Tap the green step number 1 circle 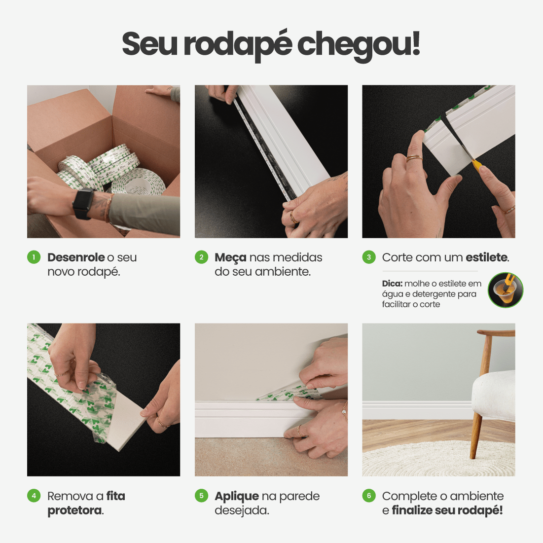[x=34, y=257]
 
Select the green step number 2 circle [x=202, y=257]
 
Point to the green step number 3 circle [x=369, y=257]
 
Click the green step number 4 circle [x=34, y=496]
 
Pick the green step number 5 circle [x=202, y=496]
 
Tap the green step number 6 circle [x=369, y=496]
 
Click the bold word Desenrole [x=76, y=257]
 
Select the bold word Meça [x=230, y=258]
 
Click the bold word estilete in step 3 [x=487, y=257]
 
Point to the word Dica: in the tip [x=393, y=283]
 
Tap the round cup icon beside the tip [x=506, y=290]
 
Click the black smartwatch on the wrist [x=83, y=204]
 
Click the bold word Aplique [x=237, y=497]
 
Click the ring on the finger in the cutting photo [x=414, y=158]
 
